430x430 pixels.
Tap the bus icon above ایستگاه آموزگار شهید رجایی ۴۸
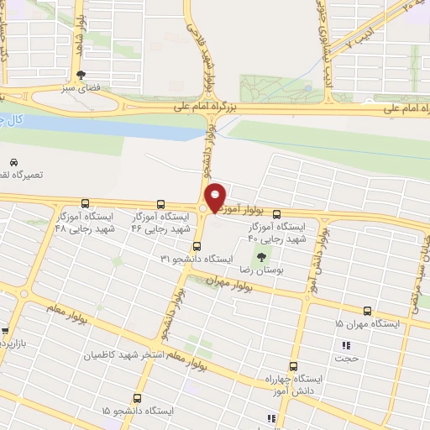(85, 203)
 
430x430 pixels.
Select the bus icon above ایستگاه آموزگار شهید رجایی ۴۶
(160, 203)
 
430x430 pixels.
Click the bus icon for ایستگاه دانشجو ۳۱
(197, 245)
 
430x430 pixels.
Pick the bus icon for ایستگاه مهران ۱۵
(367, 310)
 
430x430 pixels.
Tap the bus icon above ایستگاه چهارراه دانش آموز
(293, 366)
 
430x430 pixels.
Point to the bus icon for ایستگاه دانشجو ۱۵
(137, 398)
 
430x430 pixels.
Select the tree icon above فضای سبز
(81, 74)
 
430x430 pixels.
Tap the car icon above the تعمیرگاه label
(13, 161)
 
